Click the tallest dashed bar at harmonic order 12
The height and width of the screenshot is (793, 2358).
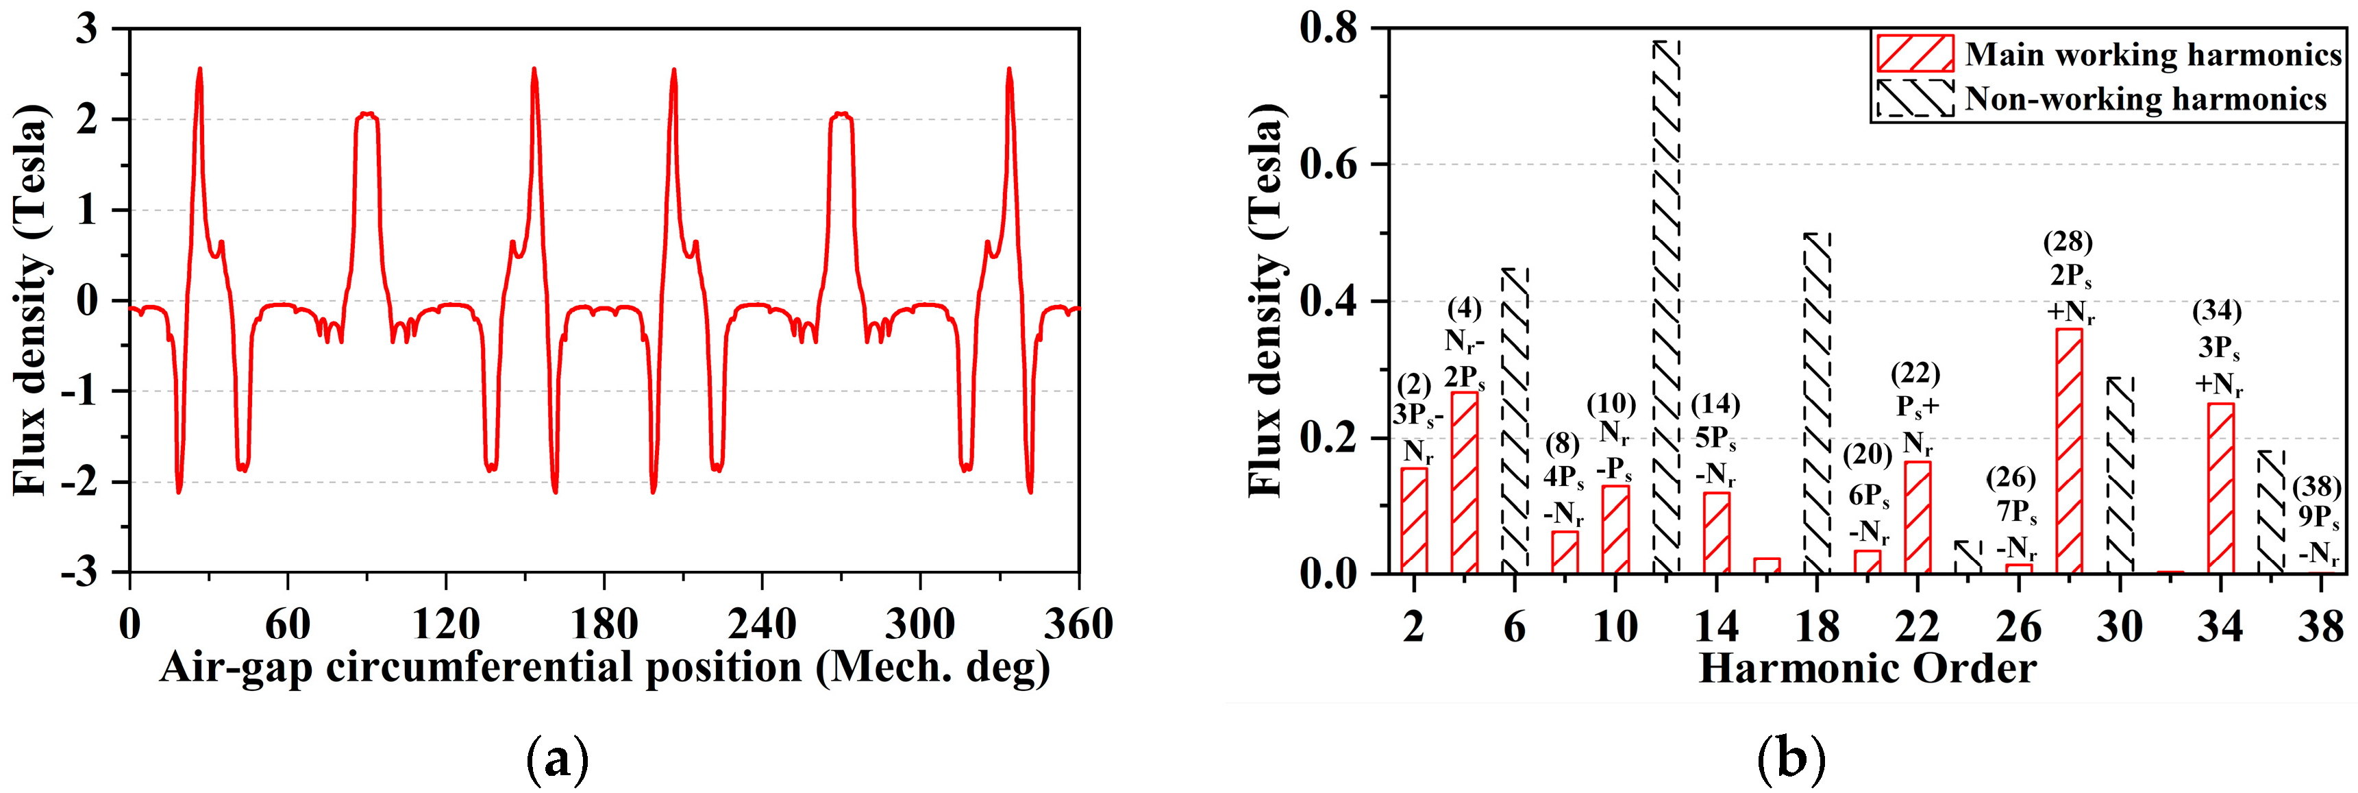1666,307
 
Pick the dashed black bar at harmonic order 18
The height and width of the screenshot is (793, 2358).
1817,403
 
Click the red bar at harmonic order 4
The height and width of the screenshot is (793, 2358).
1465,483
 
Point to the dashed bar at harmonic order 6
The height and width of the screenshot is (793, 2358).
1515,422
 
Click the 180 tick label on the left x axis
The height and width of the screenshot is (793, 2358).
604,624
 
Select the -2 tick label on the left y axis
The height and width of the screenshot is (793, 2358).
90,483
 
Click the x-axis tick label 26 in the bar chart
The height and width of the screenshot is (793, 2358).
2018,627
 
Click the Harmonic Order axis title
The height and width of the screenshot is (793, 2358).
1867,668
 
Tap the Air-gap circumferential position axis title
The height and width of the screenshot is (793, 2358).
604,668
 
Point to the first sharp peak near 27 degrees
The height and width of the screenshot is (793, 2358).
199,70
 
